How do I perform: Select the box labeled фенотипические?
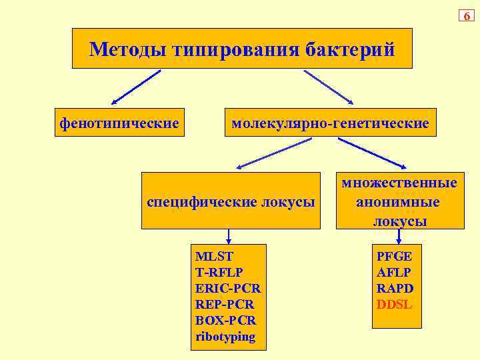click(x=119, y=123)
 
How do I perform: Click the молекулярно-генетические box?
click(x=330, y=123)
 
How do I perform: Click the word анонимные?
click(x=397, y=201)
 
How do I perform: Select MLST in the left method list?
click(x=214, y=255)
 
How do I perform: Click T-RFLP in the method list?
click(x=219, y=271)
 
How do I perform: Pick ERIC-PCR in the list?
click(x=228, y=288)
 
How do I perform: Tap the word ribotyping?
click(x=225, y=337)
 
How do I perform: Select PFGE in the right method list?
click(x=394, y=255)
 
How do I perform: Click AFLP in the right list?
click(x=394, y=272)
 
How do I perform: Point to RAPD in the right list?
click(x=395, y=288)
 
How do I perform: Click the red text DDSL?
click(x=395, y=305)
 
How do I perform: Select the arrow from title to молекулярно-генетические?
click(x=329, y=87)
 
